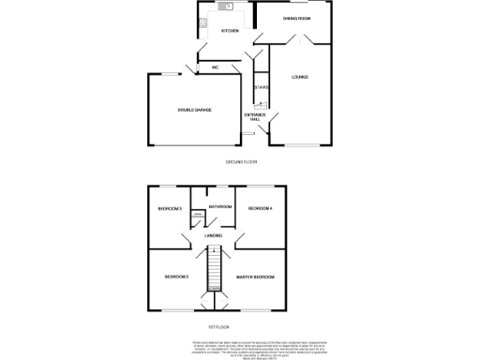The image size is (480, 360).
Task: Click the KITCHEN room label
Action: pyautogui.click(x=230, y=31)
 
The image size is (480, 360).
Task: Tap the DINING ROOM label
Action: pyautogui.click(x=297, y=17)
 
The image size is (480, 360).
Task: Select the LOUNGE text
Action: pyautogui.click(x=300, y=77)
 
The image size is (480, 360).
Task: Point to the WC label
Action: pyautogui.click(x=215, y=67)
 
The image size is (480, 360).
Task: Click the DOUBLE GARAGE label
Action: pyautogui.click(x=194, y=110)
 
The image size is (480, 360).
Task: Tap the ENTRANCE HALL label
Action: pyautogui.click(x=255, y=116)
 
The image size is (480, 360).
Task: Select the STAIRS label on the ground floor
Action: pyautogui.click(x=262, y=87)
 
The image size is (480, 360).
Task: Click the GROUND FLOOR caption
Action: pyautogui.click(x=241, y=161)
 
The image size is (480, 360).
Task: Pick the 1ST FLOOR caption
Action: pyautogui.click(x=218, y=326)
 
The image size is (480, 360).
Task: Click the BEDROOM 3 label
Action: pyautogui.click(x=169, y=208)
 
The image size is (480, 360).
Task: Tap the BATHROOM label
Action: pyautogui.click(x=220, y=205)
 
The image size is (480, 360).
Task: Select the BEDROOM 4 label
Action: pyautogui.click(x=260, y=208)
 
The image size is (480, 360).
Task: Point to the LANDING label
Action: pyautogui.click(x=214, y=235)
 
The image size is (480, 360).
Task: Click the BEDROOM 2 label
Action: pyautogui.click(x=177, y=277)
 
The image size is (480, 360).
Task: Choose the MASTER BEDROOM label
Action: pyautogui.click(x=254, y=277)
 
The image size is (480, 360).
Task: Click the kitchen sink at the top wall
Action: pyautogui.click(x=225, y=7)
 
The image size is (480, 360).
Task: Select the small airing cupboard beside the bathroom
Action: pyautogui.click(x=197, y=219)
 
